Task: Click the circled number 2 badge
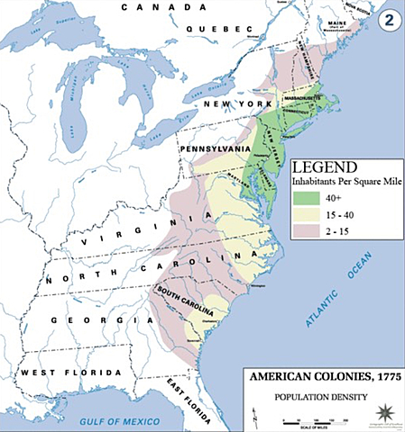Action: [387, 16]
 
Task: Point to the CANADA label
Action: [159, 7]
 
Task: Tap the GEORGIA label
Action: [86, 319]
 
